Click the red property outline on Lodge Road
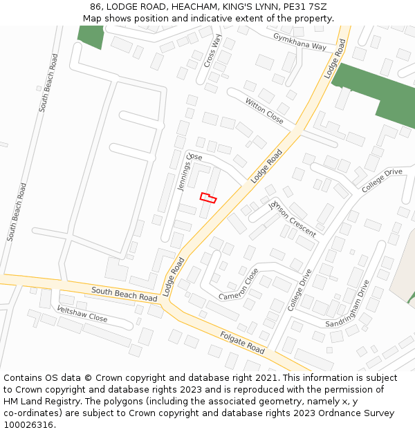(x=208, y=198)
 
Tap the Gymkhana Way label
(x=299, y=41)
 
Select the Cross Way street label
(x=212, y=51)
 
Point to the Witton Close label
(x=264, y=110)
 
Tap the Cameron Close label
(x=239, y=284)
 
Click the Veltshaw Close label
(x=82, y=314)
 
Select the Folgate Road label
(x=242, y=342)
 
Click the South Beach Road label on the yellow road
(x=124, y=294)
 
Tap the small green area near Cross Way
(x=90, y=37)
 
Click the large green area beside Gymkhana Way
(x=377, y=93)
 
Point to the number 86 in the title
(x=95, y=7)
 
